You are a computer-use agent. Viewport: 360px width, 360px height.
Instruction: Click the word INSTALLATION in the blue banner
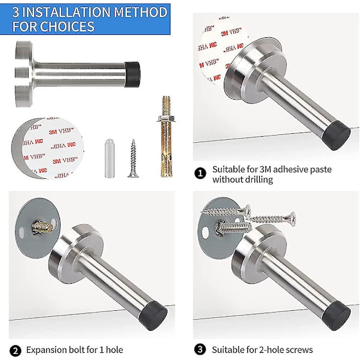(x=67, y=12)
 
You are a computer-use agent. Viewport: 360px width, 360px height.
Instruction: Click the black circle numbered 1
(x=200, y=173)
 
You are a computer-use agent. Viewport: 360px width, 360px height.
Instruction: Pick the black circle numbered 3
(x=200, y=349)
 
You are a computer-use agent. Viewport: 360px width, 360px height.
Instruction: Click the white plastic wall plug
(x=110, y=158)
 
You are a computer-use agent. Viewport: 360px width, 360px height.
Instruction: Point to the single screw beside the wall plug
(x=133, y=158)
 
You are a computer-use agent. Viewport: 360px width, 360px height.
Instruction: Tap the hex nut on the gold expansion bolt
(x=166, y=119)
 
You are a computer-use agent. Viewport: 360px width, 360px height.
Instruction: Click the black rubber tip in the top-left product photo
(x=133, y=74)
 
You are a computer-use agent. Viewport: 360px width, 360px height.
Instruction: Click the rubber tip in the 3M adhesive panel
(x=336, y=135)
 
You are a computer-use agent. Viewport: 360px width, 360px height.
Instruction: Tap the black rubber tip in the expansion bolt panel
(x=154, y=316)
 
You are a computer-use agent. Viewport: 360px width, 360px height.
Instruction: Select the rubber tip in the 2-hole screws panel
(x=337, y=316)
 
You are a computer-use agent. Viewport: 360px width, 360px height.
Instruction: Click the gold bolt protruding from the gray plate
(x=42, y=227)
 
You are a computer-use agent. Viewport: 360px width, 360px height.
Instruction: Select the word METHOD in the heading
(x=140, y=12)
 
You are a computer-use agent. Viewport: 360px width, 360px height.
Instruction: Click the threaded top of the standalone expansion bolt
(x=166, y=106)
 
